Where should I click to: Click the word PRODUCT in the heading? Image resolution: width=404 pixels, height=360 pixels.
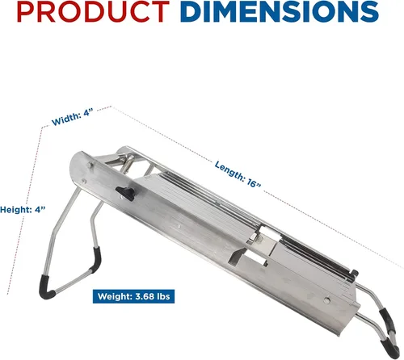pos(93,12)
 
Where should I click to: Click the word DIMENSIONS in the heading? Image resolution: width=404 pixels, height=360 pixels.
pos(280,12)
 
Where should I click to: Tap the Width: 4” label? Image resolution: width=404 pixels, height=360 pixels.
pos(73,117)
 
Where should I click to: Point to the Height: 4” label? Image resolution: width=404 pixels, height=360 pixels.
pos(23,209)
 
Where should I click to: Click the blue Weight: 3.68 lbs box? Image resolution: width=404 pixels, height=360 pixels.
pos(133,296)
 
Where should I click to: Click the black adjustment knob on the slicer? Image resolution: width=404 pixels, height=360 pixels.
pos(125,193)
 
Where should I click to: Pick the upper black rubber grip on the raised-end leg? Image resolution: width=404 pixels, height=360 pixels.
pos(97,259)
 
